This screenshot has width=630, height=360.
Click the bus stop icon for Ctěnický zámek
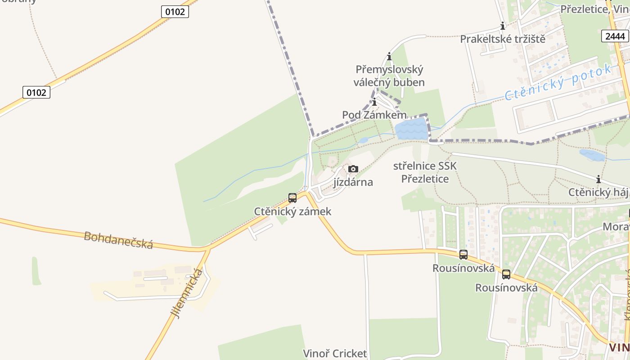pyautogui.click(x=292, y=198)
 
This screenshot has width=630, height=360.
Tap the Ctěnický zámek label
pyautogui.click(x=292, y=211)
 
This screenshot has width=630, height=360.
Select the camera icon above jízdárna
pyautogui.click(x=353, y=169)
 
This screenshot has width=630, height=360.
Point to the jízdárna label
pyautogui.click(x=353, y=182)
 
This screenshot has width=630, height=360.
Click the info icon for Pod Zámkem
pyautogui.click(x=374, y=102)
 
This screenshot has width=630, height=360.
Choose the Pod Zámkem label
pyautogui.click(x=374, y=115)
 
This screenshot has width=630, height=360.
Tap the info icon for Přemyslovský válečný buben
pyautogui.click(x=389, y=57)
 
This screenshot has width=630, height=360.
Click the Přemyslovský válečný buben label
pyautogui.click(x=389, y=76)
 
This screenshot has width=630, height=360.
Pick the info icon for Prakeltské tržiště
pyautogui.click(x=503, y=26)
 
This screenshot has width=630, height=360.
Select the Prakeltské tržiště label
pyautogui.click(x=503, y=39)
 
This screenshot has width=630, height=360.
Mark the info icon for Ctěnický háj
pyautogui.click(x=598, y=180)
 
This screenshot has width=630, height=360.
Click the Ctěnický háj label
pyautogui.click(x=598, y=193)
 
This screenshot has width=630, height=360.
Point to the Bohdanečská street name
pyautogui.click(x=118, y=240)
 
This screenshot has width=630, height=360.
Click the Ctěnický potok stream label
pyautogui.click(x=558, y=82)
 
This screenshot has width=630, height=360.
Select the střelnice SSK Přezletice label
pyautogui.click(x=425, y=172)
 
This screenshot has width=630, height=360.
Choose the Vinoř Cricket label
pyautogui.click(x=335, y=354)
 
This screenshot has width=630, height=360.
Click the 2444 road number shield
pyautogui.click(x=615, y=36)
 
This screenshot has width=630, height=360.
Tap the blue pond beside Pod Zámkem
pyautogui.click(x=411, y=129)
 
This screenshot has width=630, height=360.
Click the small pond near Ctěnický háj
pyautogui.click(x=592, y=155)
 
